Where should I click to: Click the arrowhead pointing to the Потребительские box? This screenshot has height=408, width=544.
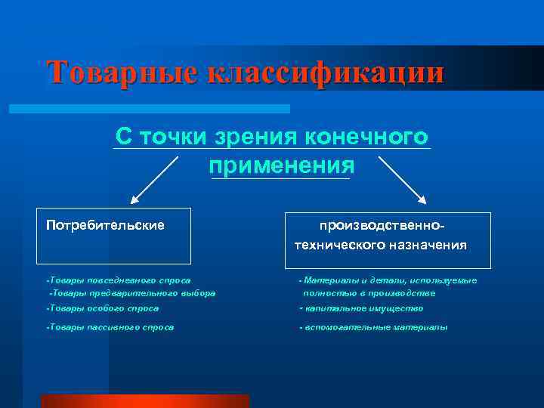coord(134,201)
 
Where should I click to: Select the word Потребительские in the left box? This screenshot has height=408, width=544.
coord(105,225)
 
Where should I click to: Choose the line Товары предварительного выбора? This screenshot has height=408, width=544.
coord(131,292)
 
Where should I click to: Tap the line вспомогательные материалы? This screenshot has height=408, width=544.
coord(374,327)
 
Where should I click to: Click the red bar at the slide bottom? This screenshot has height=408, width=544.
coord(144,400)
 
